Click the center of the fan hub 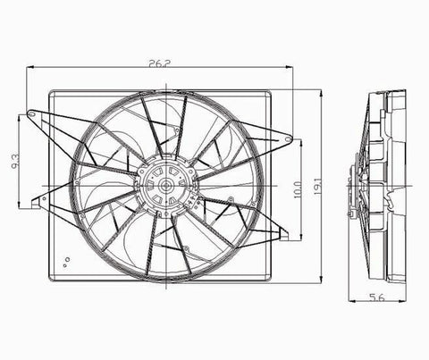tap(164, 188)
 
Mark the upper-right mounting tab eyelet tap(288, 138)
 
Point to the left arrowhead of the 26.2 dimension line tap(30, 68)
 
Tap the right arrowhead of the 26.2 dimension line tap(292, 68)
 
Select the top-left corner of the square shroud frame tap(51, 90)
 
